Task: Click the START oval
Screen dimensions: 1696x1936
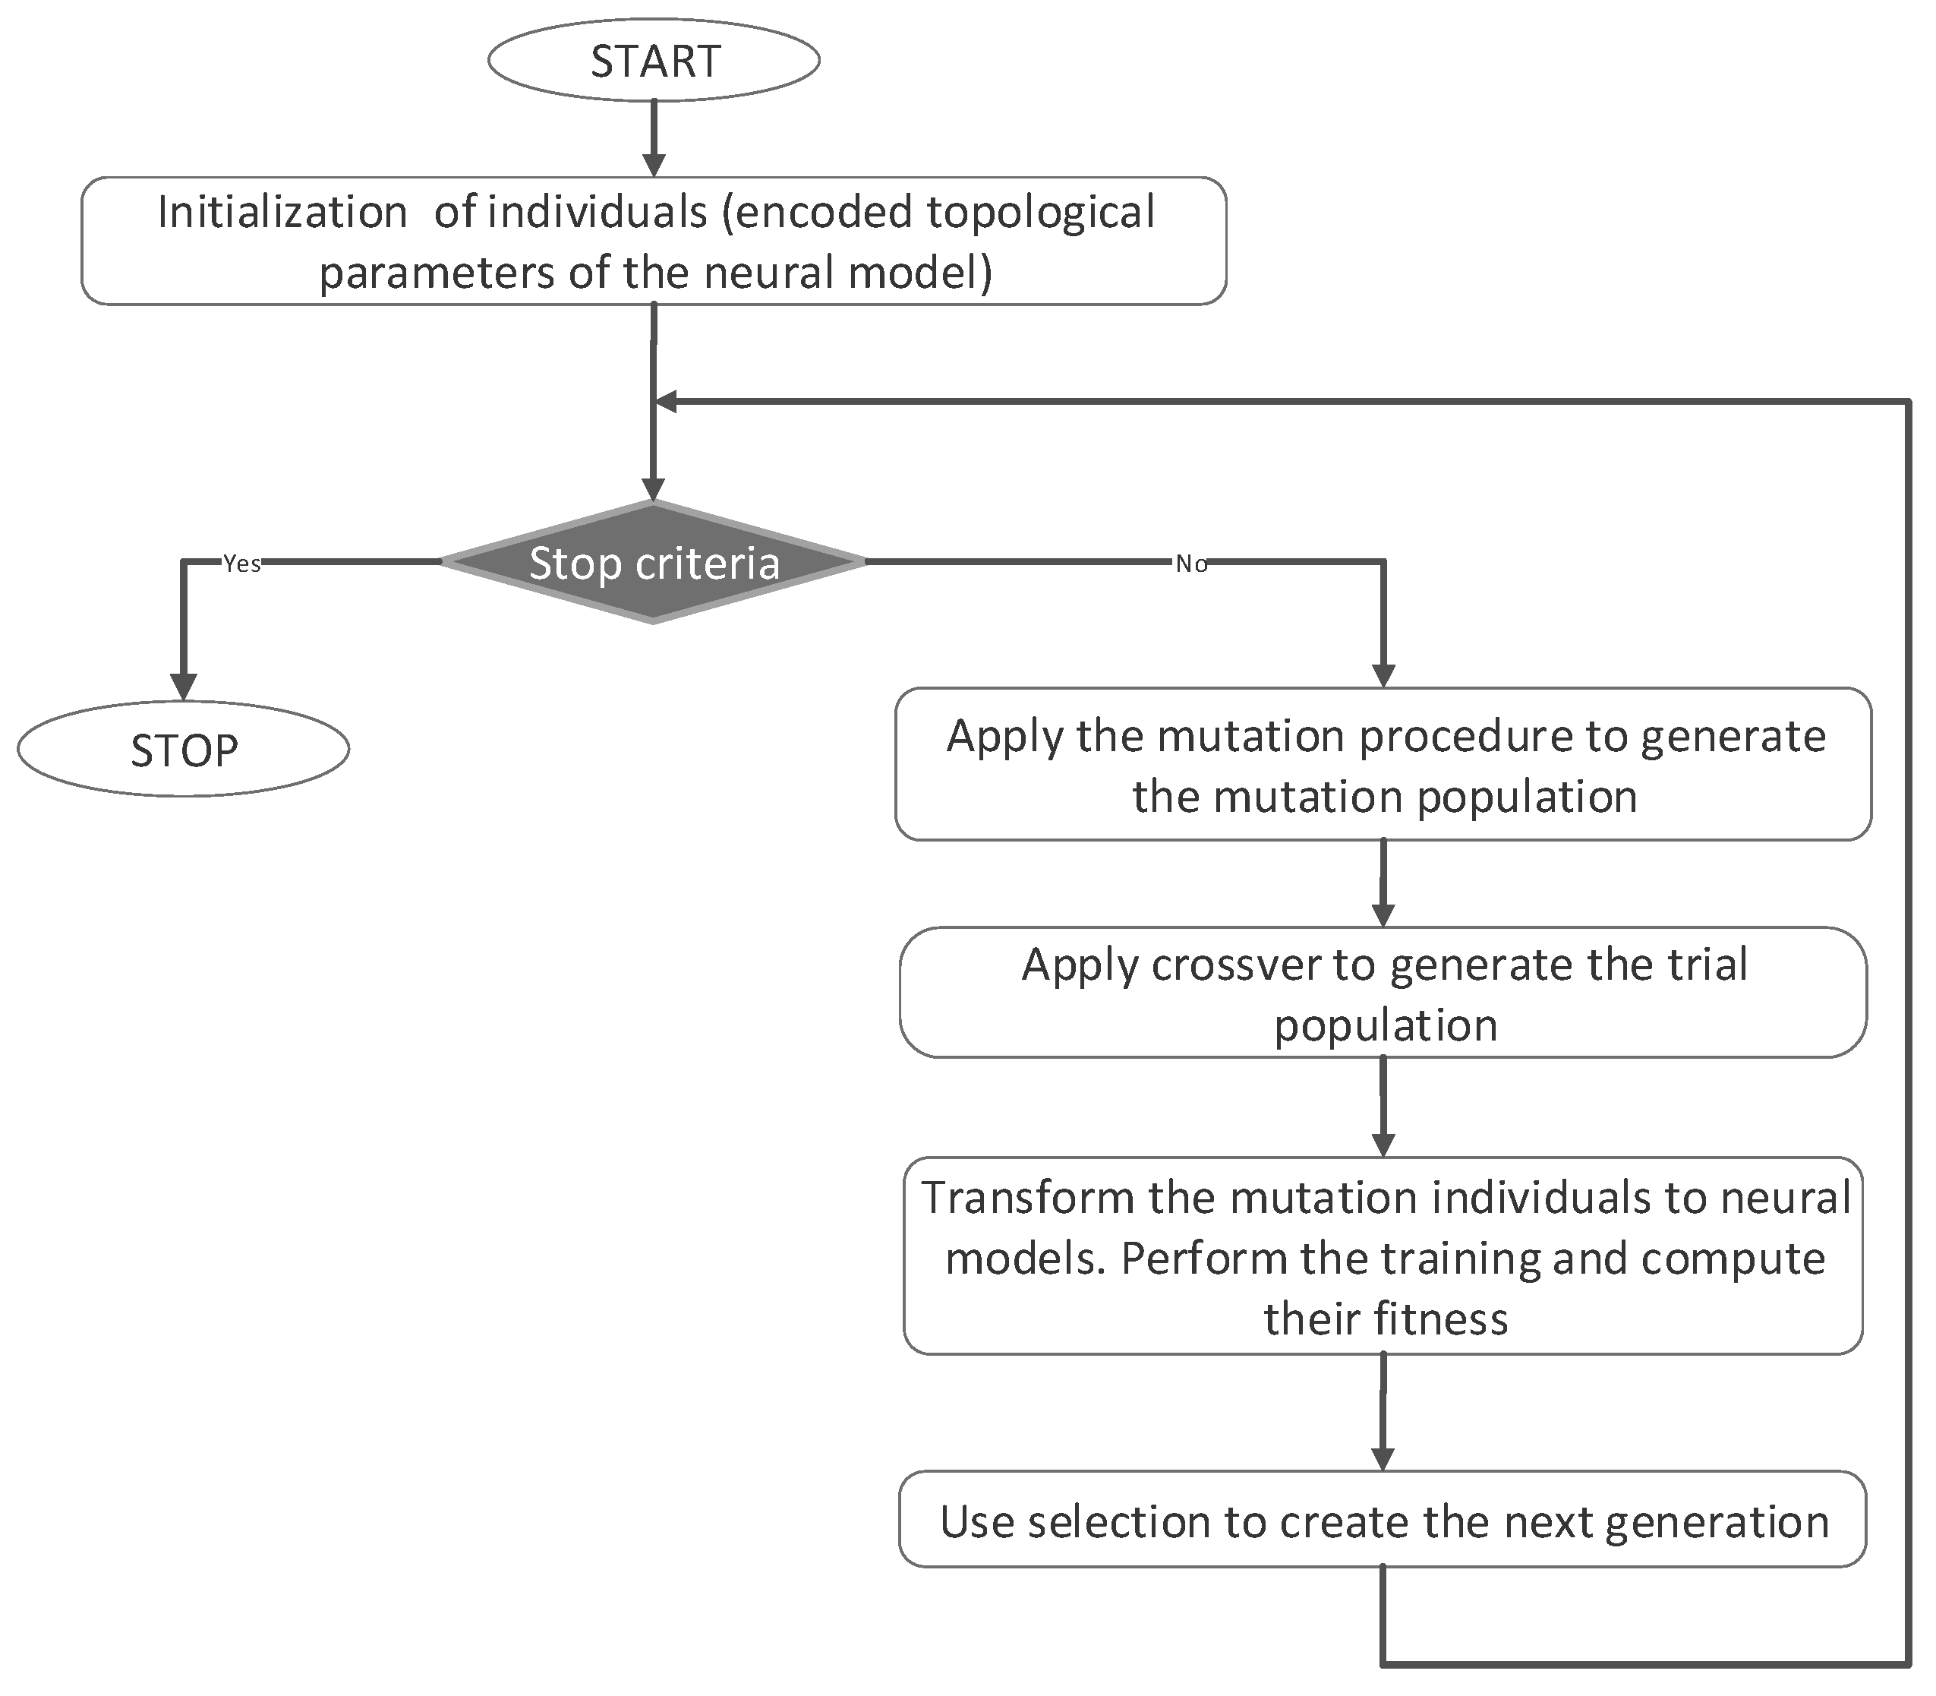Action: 654,60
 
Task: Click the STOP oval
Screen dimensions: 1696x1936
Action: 184,750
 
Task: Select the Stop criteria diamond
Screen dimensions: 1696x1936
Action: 654,562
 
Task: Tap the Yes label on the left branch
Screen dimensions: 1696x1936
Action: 241,564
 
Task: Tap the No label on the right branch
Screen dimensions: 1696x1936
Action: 1191,564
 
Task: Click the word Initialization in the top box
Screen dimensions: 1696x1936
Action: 282,212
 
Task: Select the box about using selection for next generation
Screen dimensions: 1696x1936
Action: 1383,1522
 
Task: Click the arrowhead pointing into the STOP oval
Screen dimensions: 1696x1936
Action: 184,685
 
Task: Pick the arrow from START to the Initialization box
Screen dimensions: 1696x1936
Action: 654,138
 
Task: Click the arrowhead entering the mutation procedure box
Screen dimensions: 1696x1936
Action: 1383,674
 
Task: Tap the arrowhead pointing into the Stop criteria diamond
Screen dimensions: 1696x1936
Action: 653,488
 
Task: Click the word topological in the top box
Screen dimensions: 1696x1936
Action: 1041,212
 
